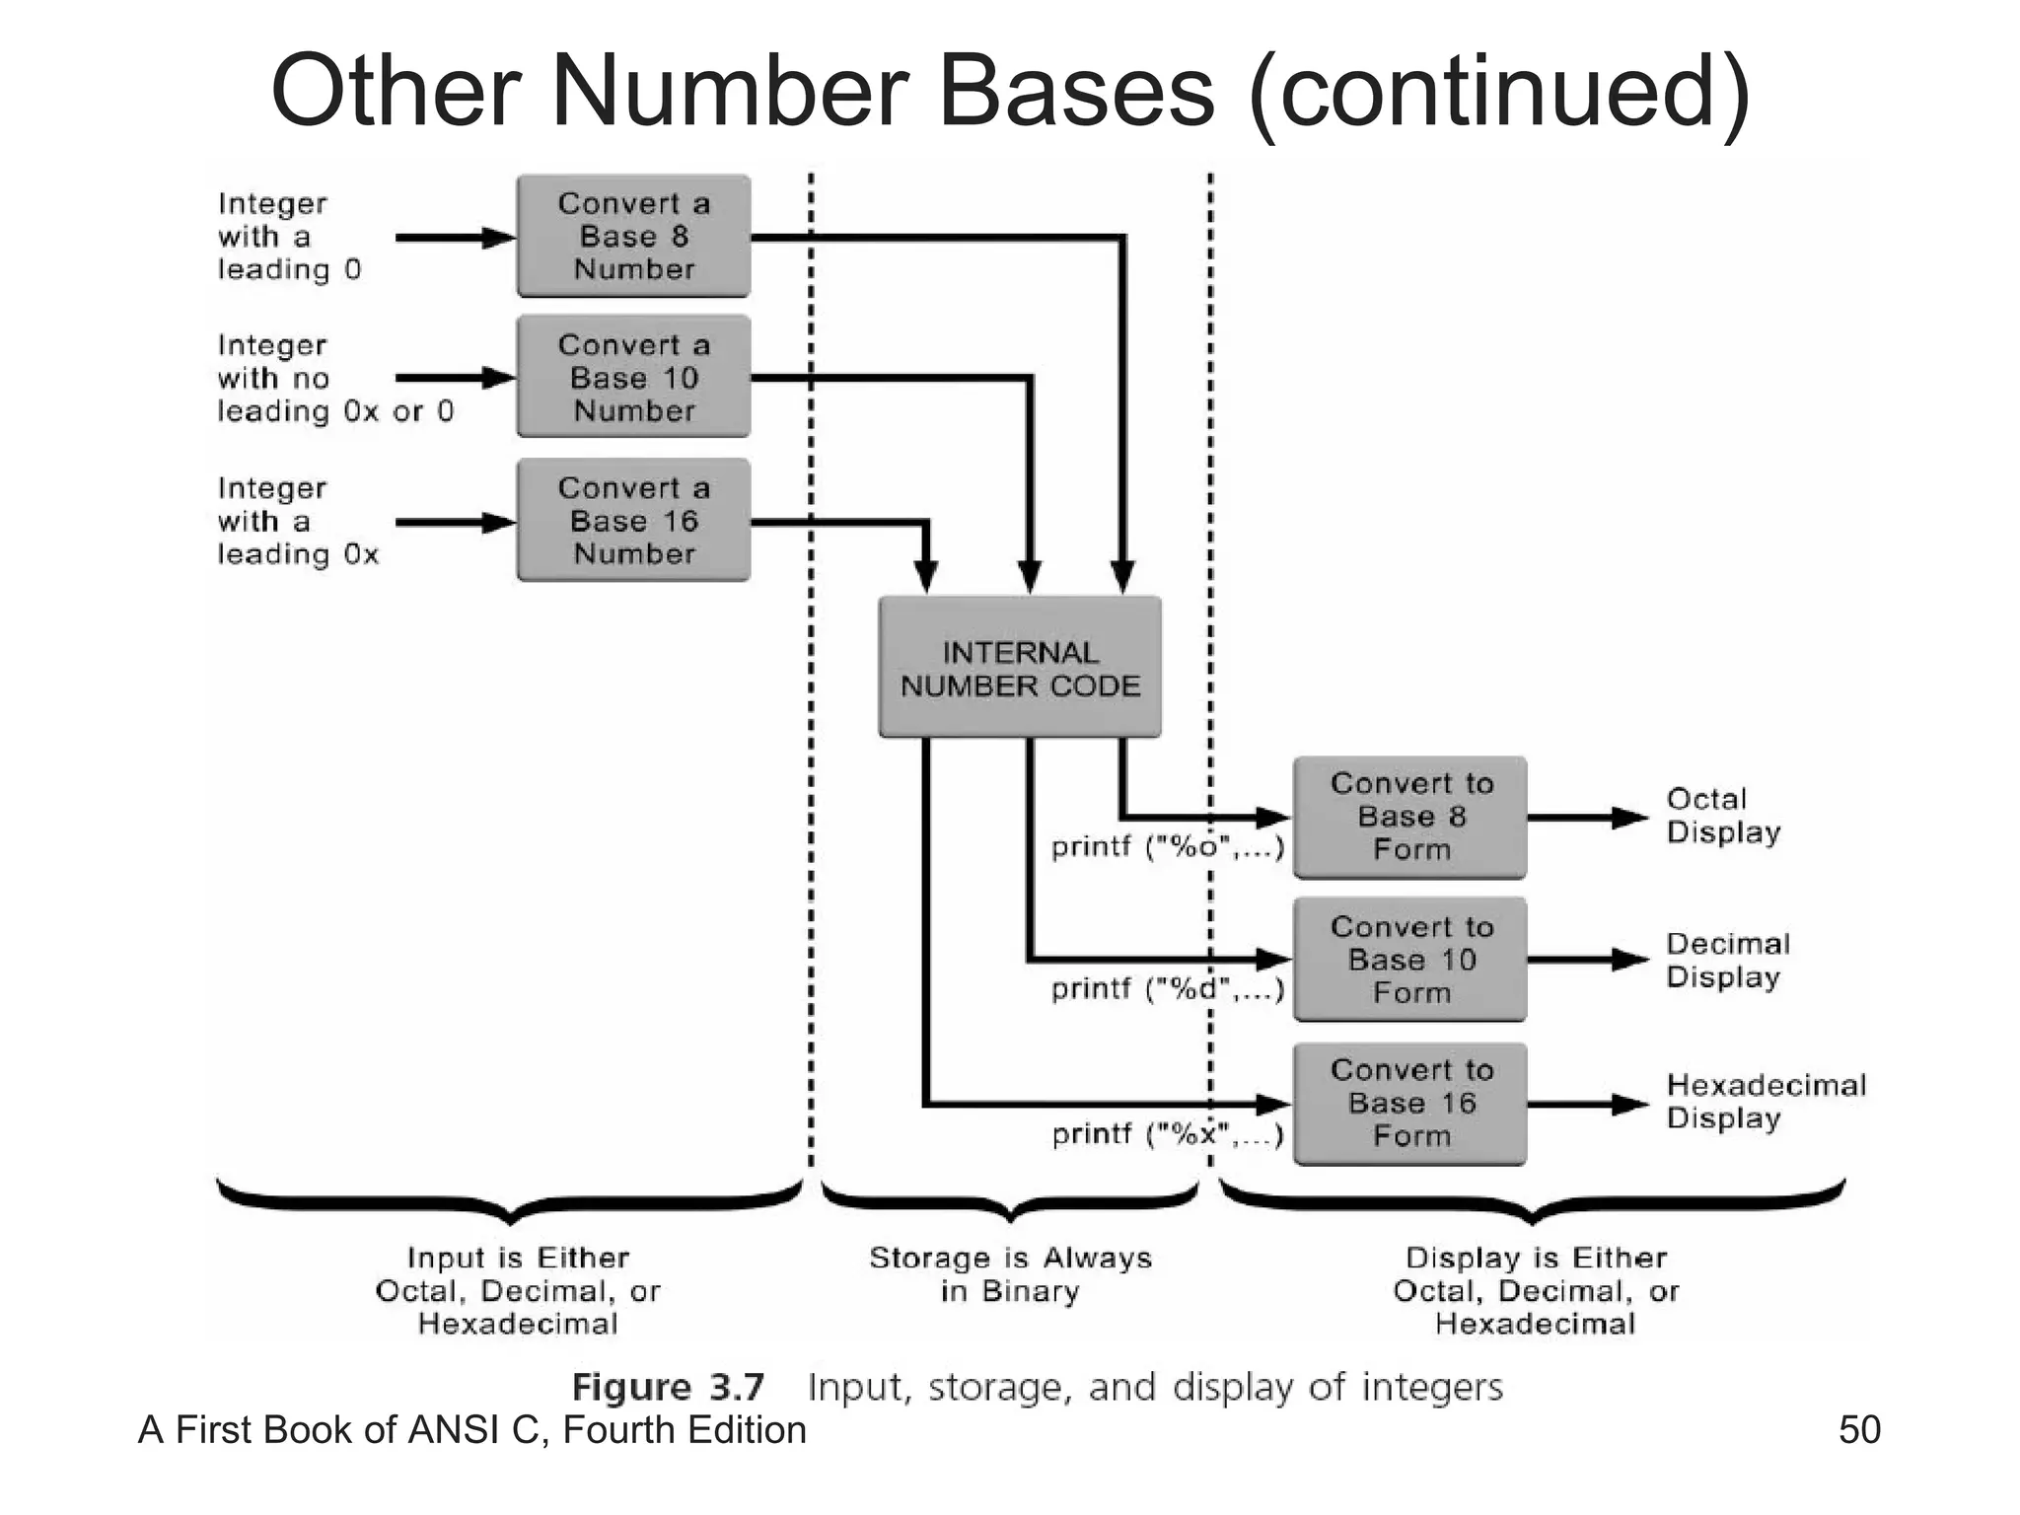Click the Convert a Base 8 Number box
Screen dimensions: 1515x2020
(633, 237)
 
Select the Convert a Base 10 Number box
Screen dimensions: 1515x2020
(633, 378)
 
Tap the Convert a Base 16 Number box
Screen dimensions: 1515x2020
(633, 521)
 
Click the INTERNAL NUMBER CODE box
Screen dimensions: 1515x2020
(1020, 669)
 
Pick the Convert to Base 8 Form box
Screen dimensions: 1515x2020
(1410, 817)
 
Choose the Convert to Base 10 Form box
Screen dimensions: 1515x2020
(1410, 960)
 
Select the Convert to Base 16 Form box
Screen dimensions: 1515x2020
(1410, 1103)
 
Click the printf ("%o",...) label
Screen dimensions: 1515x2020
(1168, 847)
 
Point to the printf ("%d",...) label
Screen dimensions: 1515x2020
(1168, 988)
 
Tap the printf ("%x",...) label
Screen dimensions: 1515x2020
(1168, 1134)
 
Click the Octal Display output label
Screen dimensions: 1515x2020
(1722, 815)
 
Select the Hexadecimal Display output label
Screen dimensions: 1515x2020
(1766, 1101)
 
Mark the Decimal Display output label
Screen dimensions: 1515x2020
(1727, 960)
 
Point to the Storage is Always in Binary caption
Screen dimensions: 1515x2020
(1010, 1274)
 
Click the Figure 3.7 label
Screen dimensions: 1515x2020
(668, 1387)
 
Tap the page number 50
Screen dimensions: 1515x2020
(1859, 1430)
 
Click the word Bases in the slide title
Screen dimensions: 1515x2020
(1076, 91)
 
